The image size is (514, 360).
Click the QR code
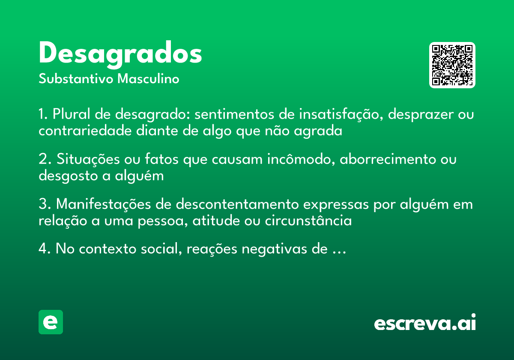(452, 65)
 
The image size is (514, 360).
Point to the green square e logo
(51, 322)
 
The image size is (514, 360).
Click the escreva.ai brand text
(425, 323)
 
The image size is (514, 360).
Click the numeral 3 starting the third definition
(42, 205)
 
